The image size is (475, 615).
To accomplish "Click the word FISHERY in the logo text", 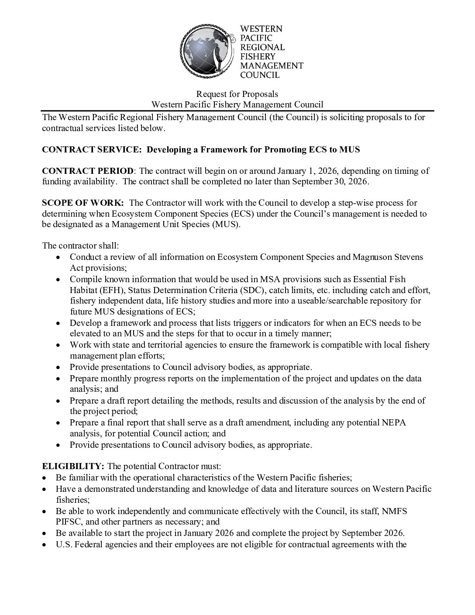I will click(258, 56).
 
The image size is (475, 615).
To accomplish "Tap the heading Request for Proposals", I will click(237, 94).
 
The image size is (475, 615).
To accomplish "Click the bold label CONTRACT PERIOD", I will click(88, 171).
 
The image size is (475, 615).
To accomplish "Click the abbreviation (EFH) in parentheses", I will click(102, 290).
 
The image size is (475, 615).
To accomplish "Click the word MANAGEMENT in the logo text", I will click(272, 66).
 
